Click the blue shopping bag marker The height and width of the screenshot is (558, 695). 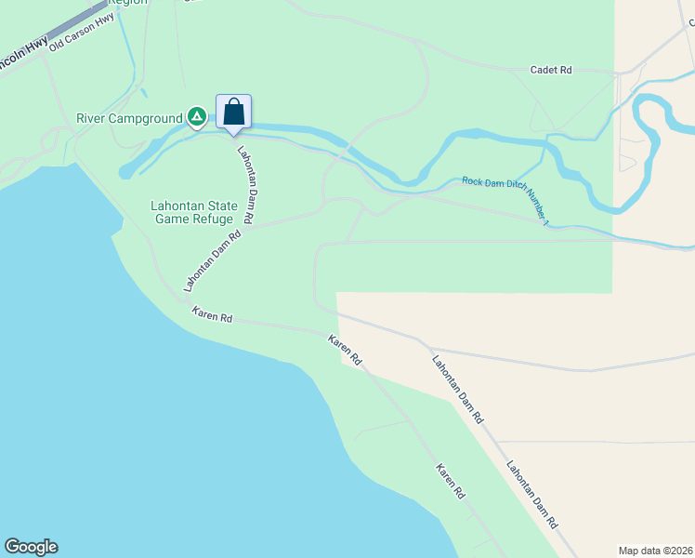click(x=234, y=113)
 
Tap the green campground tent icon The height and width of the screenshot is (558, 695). click(x=197, y=117)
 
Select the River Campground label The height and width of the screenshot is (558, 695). click(x=130, y=118)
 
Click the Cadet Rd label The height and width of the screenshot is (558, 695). click(x=551, y=70)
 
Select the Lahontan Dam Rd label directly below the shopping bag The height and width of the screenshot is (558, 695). click(x=246, y=184)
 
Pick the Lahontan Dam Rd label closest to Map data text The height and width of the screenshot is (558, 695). click(x=531, y=495)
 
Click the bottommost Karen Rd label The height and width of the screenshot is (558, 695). click(x=450, y=482)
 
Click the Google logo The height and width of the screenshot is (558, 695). click(x=31, y=547)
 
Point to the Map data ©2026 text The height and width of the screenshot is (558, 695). click(x=655, y=551)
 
